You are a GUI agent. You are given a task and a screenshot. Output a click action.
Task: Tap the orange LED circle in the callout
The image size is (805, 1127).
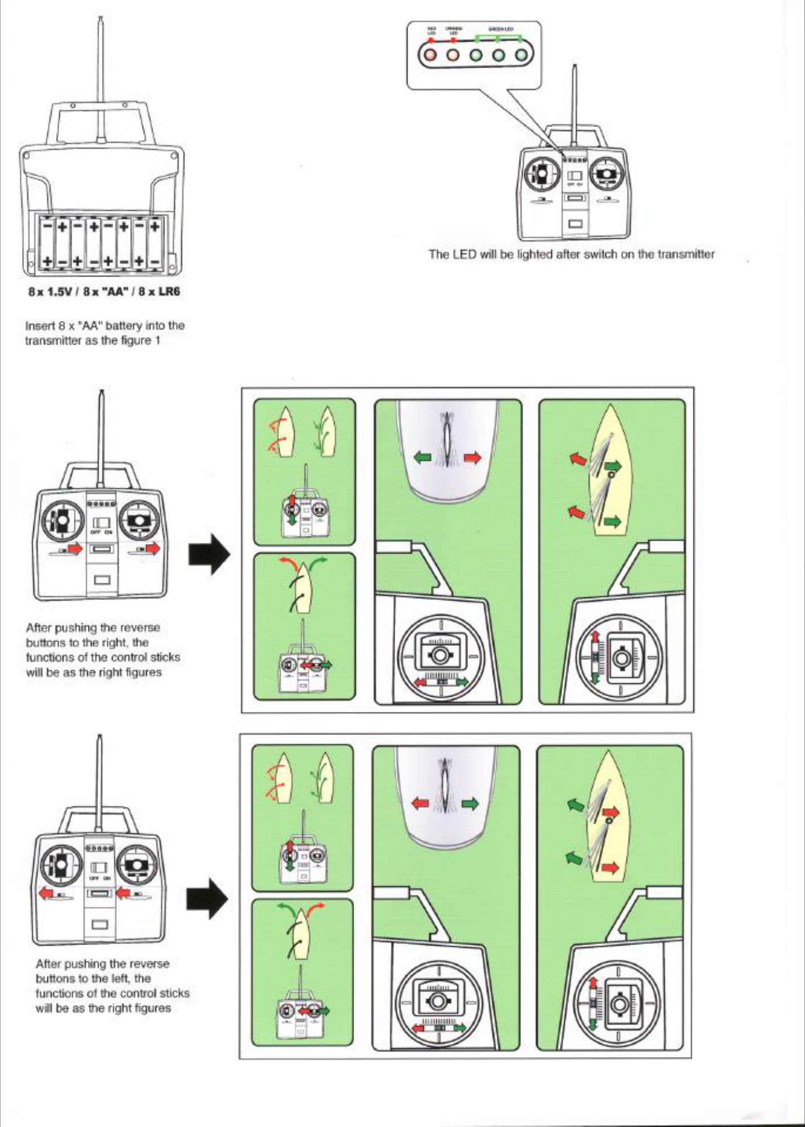[452, 56]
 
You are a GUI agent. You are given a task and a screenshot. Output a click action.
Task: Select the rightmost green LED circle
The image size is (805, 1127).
[521, 56]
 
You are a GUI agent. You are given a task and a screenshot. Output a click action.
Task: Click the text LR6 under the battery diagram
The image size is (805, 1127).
[167, 292]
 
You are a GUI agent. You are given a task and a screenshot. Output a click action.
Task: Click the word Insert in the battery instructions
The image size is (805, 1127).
[37, 326]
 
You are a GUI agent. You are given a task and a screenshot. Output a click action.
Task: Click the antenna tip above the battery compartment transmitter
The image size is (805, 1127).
[100, 19]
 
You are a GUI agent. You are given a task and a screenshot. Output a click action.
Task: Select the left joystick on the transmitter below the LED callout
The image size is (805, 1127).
[541, 176]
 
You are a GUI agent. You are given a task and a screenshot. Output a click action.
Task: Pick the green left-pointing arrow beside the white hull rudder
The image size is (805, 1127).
[423, 458]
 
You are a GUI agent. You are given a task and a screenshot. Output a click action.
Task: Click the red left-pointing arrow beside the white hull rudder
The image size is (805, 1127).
[420, 803]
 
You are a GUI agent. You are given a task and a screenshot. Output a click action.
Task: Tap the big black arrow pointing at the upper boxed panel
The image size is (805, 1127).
[209, 554]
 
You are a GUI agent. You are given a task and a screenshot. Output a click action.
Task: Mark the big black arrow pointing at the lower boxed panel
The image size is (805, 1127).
[207, 899]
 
